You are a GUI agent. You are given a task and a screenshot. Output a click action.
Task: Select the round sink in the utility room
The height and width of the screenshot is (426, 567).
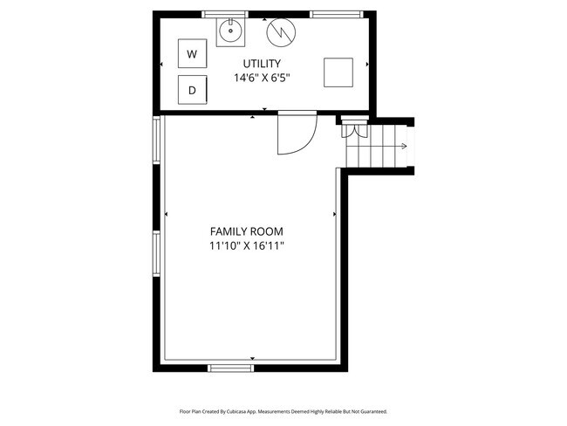pyautogui.click(x=230, y=32)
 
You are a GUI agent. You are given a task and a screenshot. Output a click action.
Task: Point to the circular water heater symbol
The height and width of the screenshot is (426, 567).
pyautogui.click(x=281, y=32)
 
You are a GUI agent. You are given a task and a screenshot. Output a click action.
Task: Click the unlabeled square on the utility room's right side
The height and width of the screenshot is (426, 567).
pyautogui.click(x=338, y=72)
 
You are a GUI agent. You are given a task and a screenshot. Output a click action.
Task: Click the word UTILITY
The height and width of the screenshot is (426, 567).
pyautogui.click(x=262, y=63)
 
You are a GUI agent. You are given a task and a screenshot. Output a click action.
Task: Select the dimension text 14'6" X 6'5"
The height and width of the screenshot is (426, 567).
pyautogui.click(x=262, y=78)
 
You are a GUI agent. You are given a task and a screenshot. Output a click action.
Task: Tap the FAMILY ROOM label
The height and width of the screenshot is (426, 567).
pyautogui.click(x=247, y=231)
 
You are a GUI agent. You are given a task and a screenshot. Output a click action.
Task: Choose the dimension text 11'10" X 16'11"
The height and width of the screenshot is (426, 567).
pyautogui.click(x=247, y=246)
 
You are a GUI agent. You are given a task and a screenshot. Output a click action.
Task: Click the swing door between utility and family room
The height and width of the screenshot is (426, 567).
pyautogui.click(x=295, y=134)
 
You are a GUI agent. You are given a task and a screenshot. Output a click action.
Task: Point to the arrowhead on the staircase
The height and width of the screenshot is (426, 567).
pyautogui.click(x=405, y=147)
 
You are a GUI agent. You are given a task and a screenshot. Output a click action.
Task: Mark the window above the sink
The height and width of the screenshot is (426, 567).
pyautogui.click(x=222, y=13)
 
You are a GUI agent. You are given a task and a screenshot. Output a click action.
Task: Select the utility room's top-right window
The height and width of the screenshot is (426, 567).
pyautogui.click(x=331, y=13)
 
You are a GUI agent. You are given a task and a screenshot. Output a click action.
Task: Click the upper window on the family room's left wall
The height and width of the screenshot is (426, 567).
pyautogui.click(x=156, y=141)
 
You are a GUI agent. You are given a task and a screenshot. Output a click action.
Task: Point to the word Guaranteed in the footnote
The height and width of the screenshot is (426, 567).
pyautogui.click(x=368, y=410)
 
